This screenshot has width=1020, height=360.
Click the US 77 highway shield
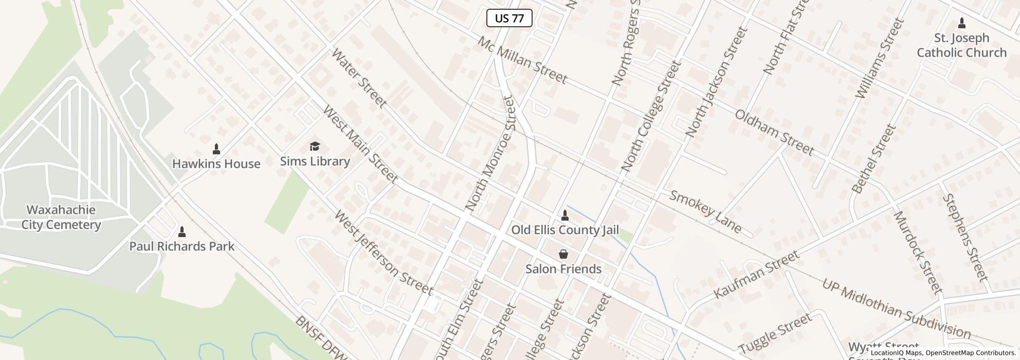[509, 19]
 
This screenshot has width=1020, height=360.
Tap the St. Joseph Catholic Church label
[961, 45]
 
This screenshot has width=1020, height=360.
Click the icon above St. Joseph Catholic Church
[962, 23]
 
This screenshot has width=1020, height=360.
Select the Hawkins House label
[216, 164]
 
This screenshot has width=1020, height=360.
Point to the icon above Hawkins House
[216, 149]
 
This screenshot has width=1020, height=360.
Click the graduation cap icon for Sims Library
[315, 147]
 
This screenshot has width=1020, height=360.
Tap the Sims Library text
[315, 161]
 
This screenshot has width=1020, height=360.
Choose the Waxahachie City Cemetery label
[61, 217]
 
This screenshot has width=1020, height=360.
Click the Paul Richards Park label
[181, 246]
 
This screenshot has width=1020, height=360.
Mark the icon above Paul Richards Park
[181, 231]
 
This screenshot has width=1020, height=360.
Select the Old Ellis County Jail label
[564, 230]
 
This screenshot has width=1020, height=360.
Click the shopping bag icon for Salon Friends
[563, 254]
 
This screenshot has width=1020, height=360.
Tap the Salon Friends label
[563, 269]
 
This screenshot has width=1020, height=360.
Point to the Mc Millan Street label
[522, 60]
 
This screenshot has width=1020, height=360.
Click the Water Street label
[359, 78]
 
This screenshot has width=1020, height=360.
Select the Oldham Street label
[774, 133]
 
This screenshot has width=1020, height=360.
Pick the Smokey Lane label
[706, 211]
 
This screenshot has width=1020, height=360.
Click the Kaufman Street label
[757, 274]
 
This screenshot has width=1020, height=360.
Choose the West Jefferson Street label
[384, 253]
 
